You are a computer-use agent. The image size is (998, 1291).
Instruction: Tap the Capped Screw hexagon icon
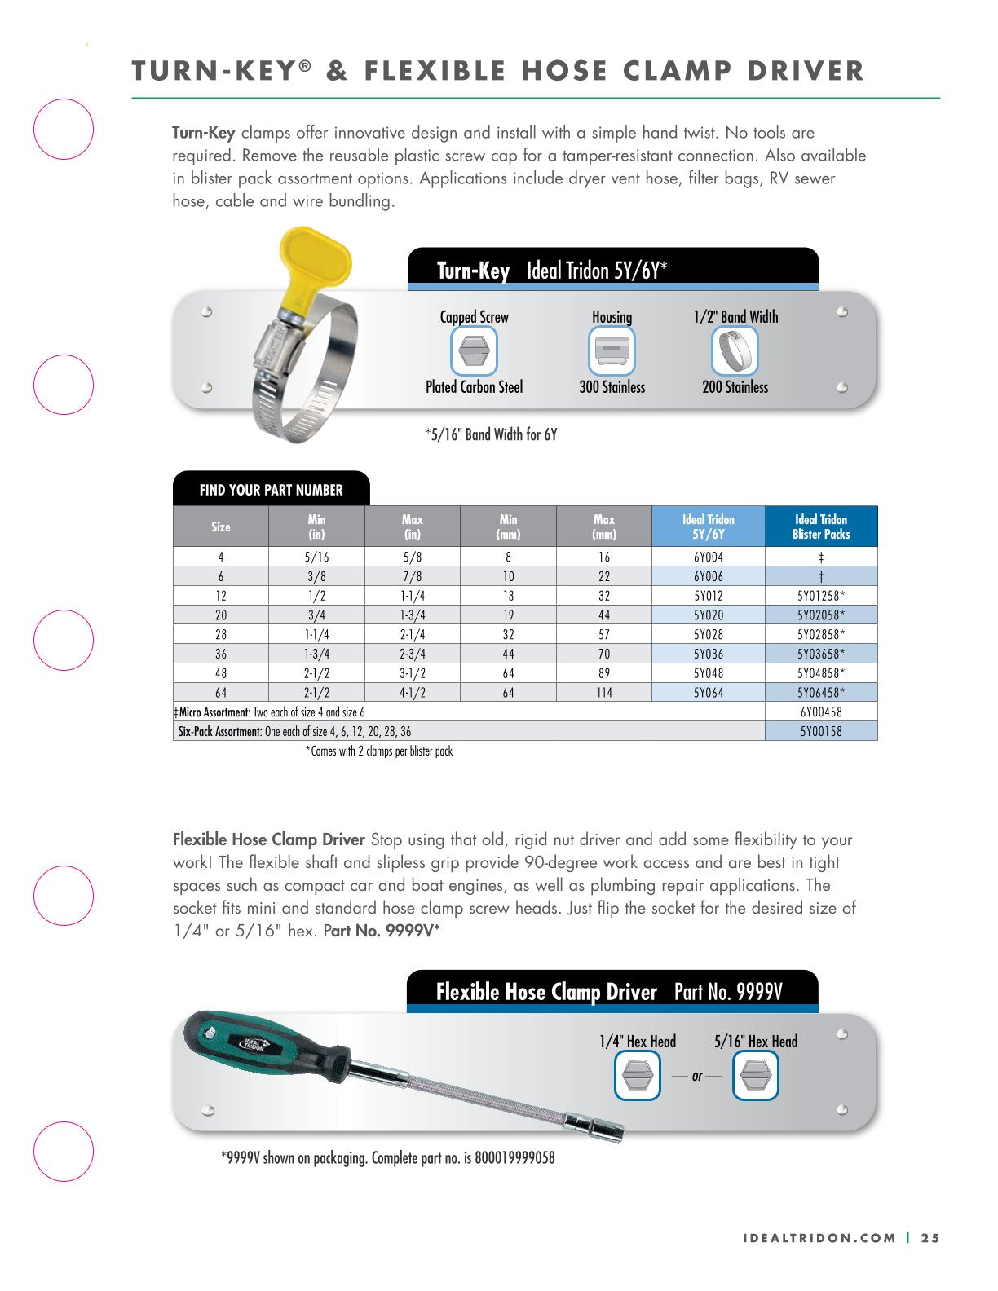click(x=474, y=351)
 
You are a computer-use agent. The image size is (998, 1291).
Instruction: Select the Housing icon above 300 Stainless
click(x=612, y=351)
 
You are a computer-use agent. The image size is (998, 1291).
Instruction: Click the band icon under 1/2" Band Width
click(x=735, y=351)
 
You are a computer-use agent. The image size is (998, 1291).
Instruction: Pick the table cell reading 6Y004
click(x=708, y=557)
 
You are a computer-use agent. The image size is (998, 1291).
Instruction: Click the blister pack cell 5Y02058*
click(x=821, y=615)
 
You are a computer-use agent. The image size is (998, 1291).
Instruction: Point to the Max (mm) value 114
click(x=603, y=693)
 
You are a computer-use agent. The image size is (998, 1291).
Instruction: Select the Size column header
click(x=221, y=527)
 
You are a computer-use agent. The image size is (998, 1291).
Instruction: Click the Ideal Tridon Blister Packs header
click(x=821, y=527)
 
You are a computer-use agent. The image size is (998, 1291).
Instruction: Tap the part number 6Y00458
click(x=821, y=712)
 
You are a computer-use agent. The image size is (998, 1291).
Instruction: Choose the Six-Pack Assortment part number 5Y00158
click(x=821, y=732)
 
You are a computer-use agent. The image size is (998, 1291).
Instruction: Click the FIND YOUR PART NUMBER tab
click(x=271, y=490)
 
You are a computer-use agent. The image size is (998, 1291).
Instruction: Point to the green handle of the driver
click(x=245, y=1043)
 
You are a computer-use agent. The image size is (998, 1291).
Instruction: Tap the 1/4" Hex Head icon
click(x=637, y=1076)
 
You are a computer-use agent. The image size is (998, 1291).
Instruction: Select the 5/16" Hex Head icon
click(x=755, y=1076)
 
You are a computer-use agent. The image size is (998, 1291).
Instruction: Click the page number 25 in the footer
click(x=930, y=1238)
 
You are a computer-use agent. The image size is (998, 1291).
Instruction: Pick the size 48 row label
click(x=221, y=673)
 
